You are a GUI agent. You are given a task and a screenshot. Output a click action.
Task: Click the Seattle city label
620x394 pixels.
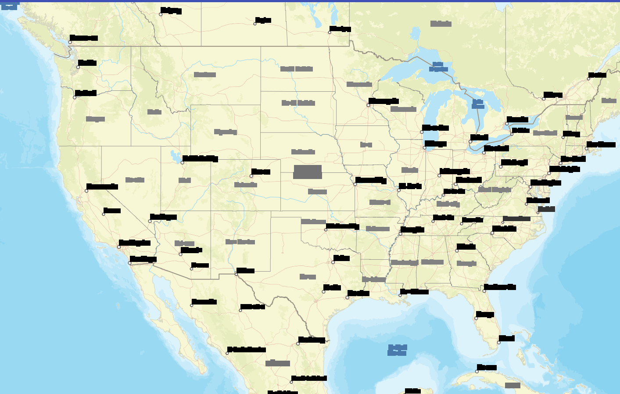pos(87,63)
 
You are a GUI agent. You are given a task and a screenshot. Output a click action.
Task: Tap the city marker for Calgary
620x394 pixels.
pos(161,14)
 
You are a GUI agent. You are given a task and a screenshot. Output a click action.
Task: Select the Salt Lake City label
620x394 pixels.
pos(200,158)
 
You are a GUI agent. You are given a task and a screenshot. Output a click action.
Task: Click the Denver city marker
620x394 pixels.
pos(251,176)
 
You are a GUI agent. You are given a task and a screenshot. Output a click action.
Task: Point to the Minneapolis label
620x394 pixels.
pos(383,101)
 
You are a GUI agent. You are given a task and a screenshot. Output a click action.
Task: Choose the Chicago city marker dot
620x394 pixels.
pos(424,148)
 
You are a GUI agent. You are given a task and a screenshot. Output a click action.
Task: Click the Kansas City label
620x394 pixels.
pos(371,180)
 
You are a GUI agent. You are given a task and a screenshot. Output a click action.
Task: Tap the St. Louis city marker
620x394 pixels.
pos(399,190)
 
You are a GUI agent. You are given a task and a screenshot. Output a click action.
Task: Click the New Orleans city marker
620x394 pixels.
pos(400,295)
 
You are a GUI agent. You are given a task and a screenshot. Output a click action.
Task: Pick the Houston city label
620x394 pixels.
pos(358,293)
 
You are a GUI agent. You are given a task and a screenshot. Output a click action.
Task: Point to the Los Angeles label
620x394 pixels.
pos(135,243)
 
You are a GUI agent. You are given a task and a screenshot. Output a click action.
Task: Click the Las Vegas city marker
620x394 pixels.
pos(150,221)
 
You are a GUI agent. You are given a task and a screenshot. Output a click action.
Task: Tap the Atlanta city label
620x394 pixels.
pos(466,247)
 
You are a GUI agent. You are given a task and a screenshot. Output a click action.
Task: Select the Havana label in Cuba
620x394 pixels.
pos(487,368)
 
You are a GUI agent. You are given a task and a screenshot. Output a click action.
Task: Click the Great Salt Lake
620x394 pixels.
pos(175,156)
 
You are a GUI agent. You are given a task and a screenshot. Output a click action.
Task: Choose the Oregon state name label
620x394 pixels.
pos(95,119)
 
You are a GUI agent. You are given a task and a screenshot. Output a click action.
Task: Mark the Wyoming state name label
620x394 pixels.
pos(226,132)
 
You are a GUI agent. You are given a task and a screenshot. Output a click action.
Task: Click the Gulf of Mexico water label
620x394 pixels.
pos(397,350)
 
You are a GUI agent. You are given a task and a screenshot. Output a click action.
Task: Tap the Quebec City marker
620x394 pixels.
pos(589,79)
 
